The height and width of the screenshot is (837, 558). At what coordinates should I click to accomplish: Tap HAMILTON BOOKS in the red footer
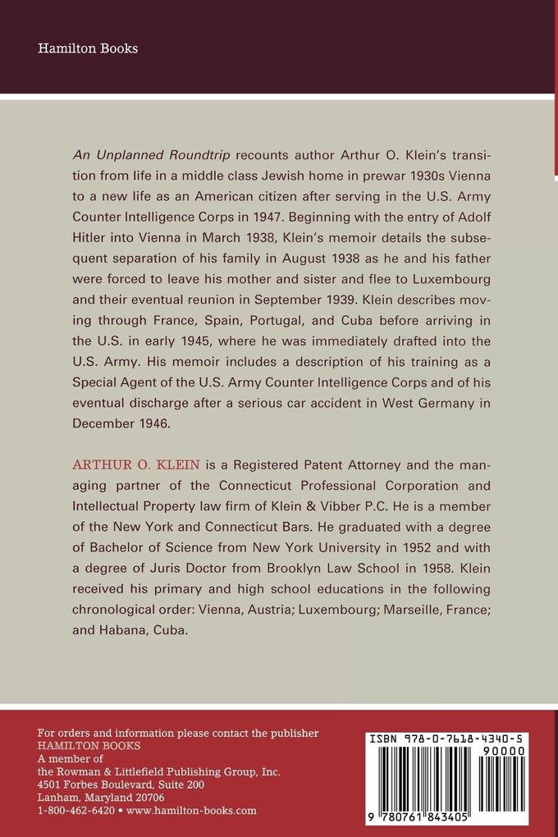[89, 746]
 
